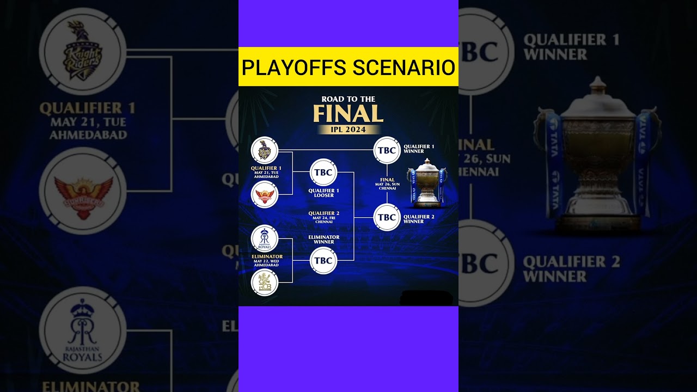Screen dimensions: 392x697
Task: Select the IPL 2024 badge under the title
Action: click(348, 130)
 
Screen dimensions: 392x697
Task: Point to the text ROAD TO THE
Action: click(348, 99)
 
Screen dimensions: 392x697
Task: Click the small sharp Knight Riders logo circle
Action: click(265, 150)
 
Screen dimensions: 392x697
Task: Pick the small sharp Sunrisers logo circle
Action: click(265, 195)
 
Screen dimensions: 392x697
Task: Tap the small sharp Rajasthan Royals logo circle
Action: click(265, 238)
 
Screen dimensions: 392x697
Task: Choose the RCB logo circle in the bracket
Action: click(265, 283)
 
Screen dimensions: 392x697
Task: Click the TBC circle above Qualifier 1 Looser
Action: click(323, 173)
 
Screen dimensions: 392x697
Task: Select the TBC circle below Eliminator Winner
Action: click(323, 261)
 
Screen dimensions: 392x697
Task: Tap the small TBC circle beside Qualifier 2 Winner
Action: click(387, 217)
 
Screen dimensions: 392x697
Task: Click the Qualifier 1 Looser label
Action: click(323, 193)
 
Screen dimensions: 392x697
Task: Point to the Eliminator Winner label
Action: click(323, 240)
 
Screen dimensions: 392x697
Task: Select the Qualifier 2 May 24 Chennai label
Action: click(323, 217)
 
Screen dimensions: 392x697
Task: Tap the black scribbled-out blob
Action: click(426, 298)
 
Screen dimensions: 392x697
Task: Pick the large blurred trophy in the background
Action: click(597, 152)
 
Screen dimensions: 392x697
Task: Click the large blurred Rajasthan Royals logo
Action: click(82, 330)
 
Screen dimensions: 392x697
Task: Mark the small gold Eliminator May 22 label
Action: click(266, 260)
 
